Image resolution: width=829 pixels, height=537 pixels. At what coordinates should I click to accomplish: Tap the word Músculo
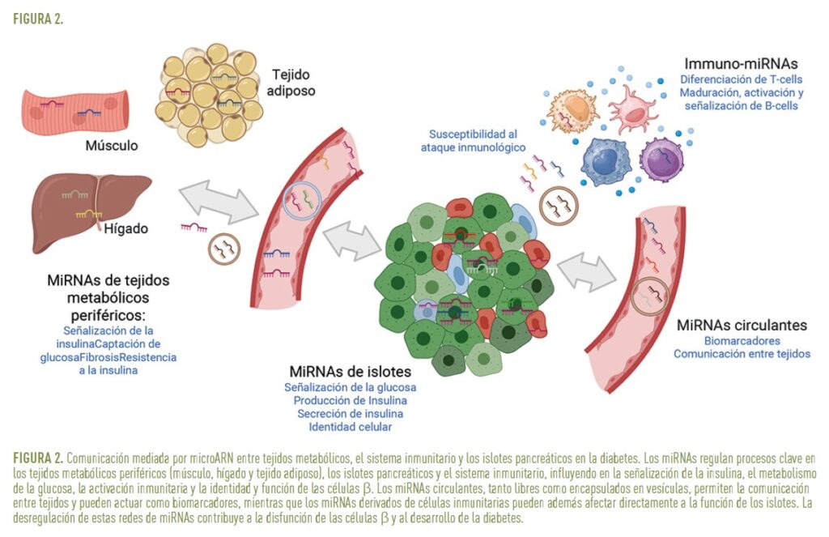pos(112,147)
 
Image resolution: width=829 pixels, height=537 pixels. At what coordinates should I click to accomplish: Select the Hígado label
pos(125,229)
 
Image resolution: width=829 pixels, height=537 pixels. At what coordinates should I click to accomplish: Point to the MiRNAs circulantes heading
pos(742,325)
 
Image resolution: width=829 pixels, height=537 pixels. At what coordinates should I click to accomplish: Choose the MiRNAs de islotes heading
pos(351,372)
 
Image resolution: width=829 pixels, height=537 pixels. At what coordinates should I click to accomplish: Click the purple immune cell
pos(661,160)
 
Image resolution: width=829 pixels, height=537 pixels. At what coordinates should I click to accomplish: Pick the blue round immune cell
pos(604,161)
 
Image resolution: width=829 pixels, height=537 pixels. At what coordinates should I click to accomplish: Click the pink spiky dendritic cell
pos(631,110)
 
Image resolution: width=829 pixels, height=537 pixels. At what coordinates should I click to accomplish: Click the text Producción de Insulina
pos(351,400)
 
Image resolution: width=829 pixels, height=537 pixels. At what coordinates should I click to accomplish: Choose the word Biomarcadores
pos(742,341)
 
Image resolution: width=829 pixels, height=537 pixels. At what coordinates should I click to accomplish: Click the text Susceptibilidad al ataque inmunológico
pos(474,140)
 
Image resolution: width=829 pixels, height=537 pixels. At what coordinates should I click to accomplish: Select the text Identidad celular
pos(351,427)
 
